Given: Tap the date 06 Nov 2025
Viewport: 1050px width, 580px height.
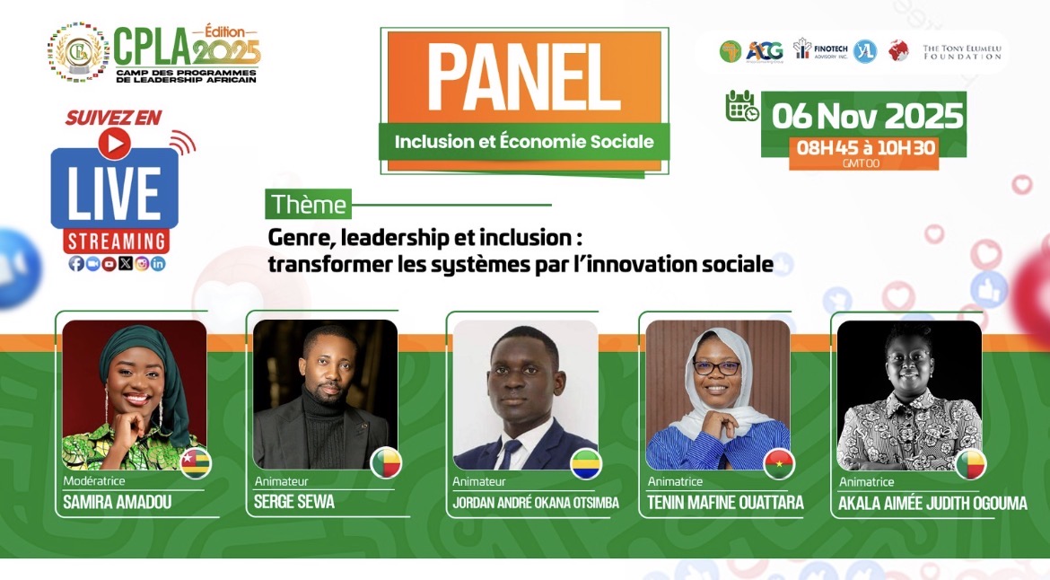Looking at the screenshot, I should pos(867,116).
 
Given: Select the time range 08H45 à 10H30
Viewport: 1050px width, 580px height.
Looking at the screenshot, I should pos(862,148).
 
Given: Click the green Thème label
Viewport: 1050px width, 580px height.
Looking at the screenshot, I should pos(308,205).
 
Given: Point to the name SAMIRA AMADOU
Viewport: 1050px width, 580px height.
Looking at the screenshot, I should pos(117,503).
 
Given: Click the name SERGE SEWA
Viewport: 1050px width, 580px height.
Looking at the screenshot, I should pos(294,503).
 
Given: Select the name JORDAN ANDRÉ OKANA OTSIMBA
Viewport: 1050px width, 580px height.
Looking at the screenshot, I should pos(536,503).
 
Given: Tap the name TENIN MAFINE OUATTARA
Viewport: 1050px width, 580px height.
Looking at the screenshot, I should pos(726,503).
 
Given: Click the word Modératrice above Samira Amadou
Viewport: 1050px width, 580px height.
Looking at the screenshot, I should pos(93,482).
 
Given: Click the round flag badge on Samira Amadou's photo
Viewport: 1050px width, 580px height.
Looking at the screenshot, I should pos(197,461).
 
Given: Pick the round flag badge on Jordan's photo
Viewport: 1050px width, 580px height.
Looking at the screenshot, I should pos(586,463).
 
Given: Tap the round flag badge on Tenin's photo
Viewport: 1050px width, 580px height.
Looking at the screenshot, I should pos(778,463).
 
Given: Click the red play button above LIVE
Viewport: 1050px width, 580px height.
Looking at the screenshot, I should pos(114,143).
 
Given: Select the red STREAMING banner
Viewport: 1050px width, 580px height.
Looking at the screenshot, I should pos(116,242).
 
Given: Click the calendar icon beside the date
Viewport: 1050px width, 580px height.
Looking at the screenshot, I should pos(741,106).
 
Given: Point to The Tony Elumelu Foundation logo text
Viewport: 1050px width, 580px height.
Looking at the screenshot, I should pos(962,51).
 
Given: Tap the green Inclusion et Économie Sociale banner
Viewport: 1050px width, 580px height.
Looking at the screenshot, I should pos(524,142).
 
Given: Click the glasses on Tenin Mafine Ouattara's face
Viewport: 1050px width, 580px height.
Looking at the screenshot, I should pos(716,367).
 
